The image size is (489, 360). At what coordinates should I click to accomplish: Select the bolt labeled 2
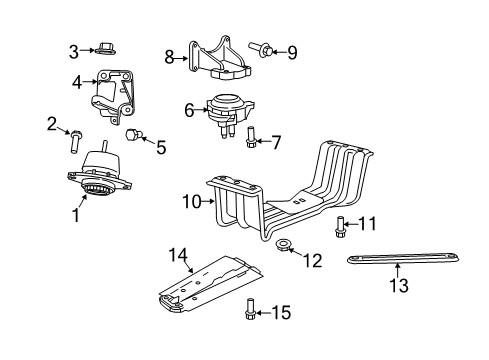tap(73, 138)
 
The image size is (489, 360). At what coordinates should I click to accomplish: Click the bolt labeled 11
tap(342, 225)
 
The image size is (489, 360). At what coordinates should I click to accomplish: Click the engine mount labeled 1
tap(100, 175)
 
